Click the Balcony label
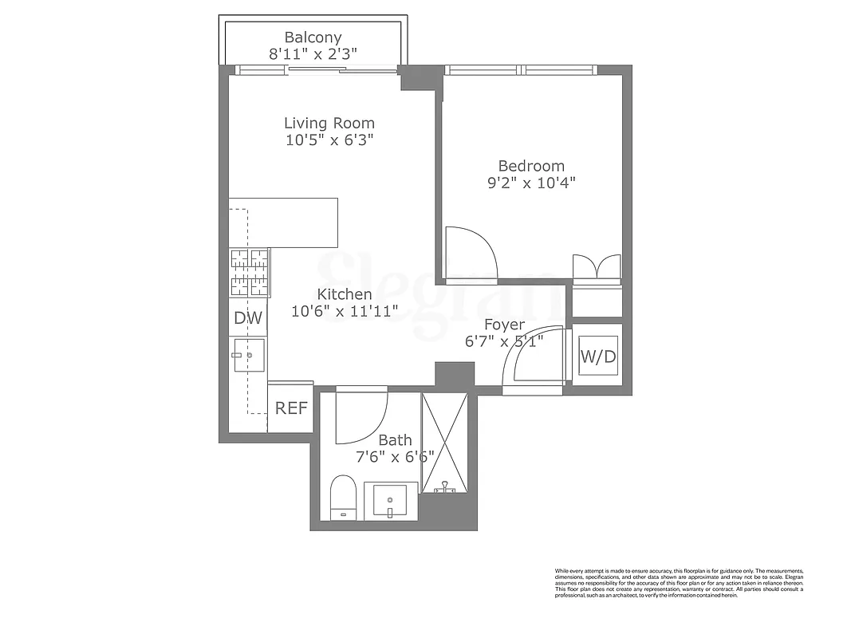click(313, 37)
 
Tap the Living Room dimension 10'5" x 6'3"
click(329, 140)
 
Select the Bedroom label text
click(531, 166)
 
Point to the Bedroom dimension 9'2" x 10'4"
click(531, 183)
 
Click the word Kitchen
click(345, 294)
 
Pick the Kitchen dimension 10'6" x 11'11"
click(345, 312)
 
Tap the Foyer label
click(505, 325)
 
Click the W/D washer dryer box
click(597, 356)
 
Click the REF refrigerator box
click(291, 408)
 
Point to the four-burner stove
click(250, 273)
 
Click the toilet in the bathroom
click(344, 498)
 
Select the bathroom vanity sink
click(391, 501)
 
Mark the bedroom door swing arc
click(471, 254)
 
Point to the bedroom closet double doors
click(597, 266)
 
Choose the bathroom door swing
click(360, 416)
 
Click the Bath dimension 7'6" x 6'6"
click(395, 457)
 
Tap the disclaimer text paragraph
click(679, 583)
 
